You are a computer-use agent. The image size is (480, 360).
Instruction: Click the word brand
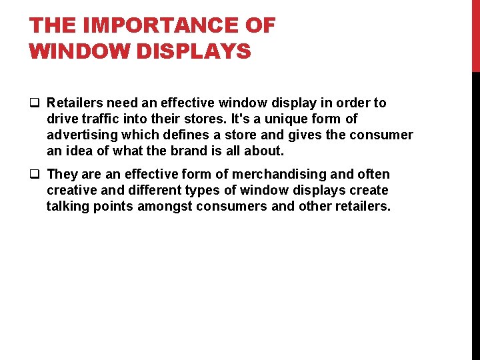pos(191,151)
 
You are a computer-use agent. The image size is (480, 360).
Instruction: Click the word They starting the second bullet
pos(63,174)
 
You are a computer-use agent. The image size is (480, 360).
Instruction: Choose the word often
pos(373,174)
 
